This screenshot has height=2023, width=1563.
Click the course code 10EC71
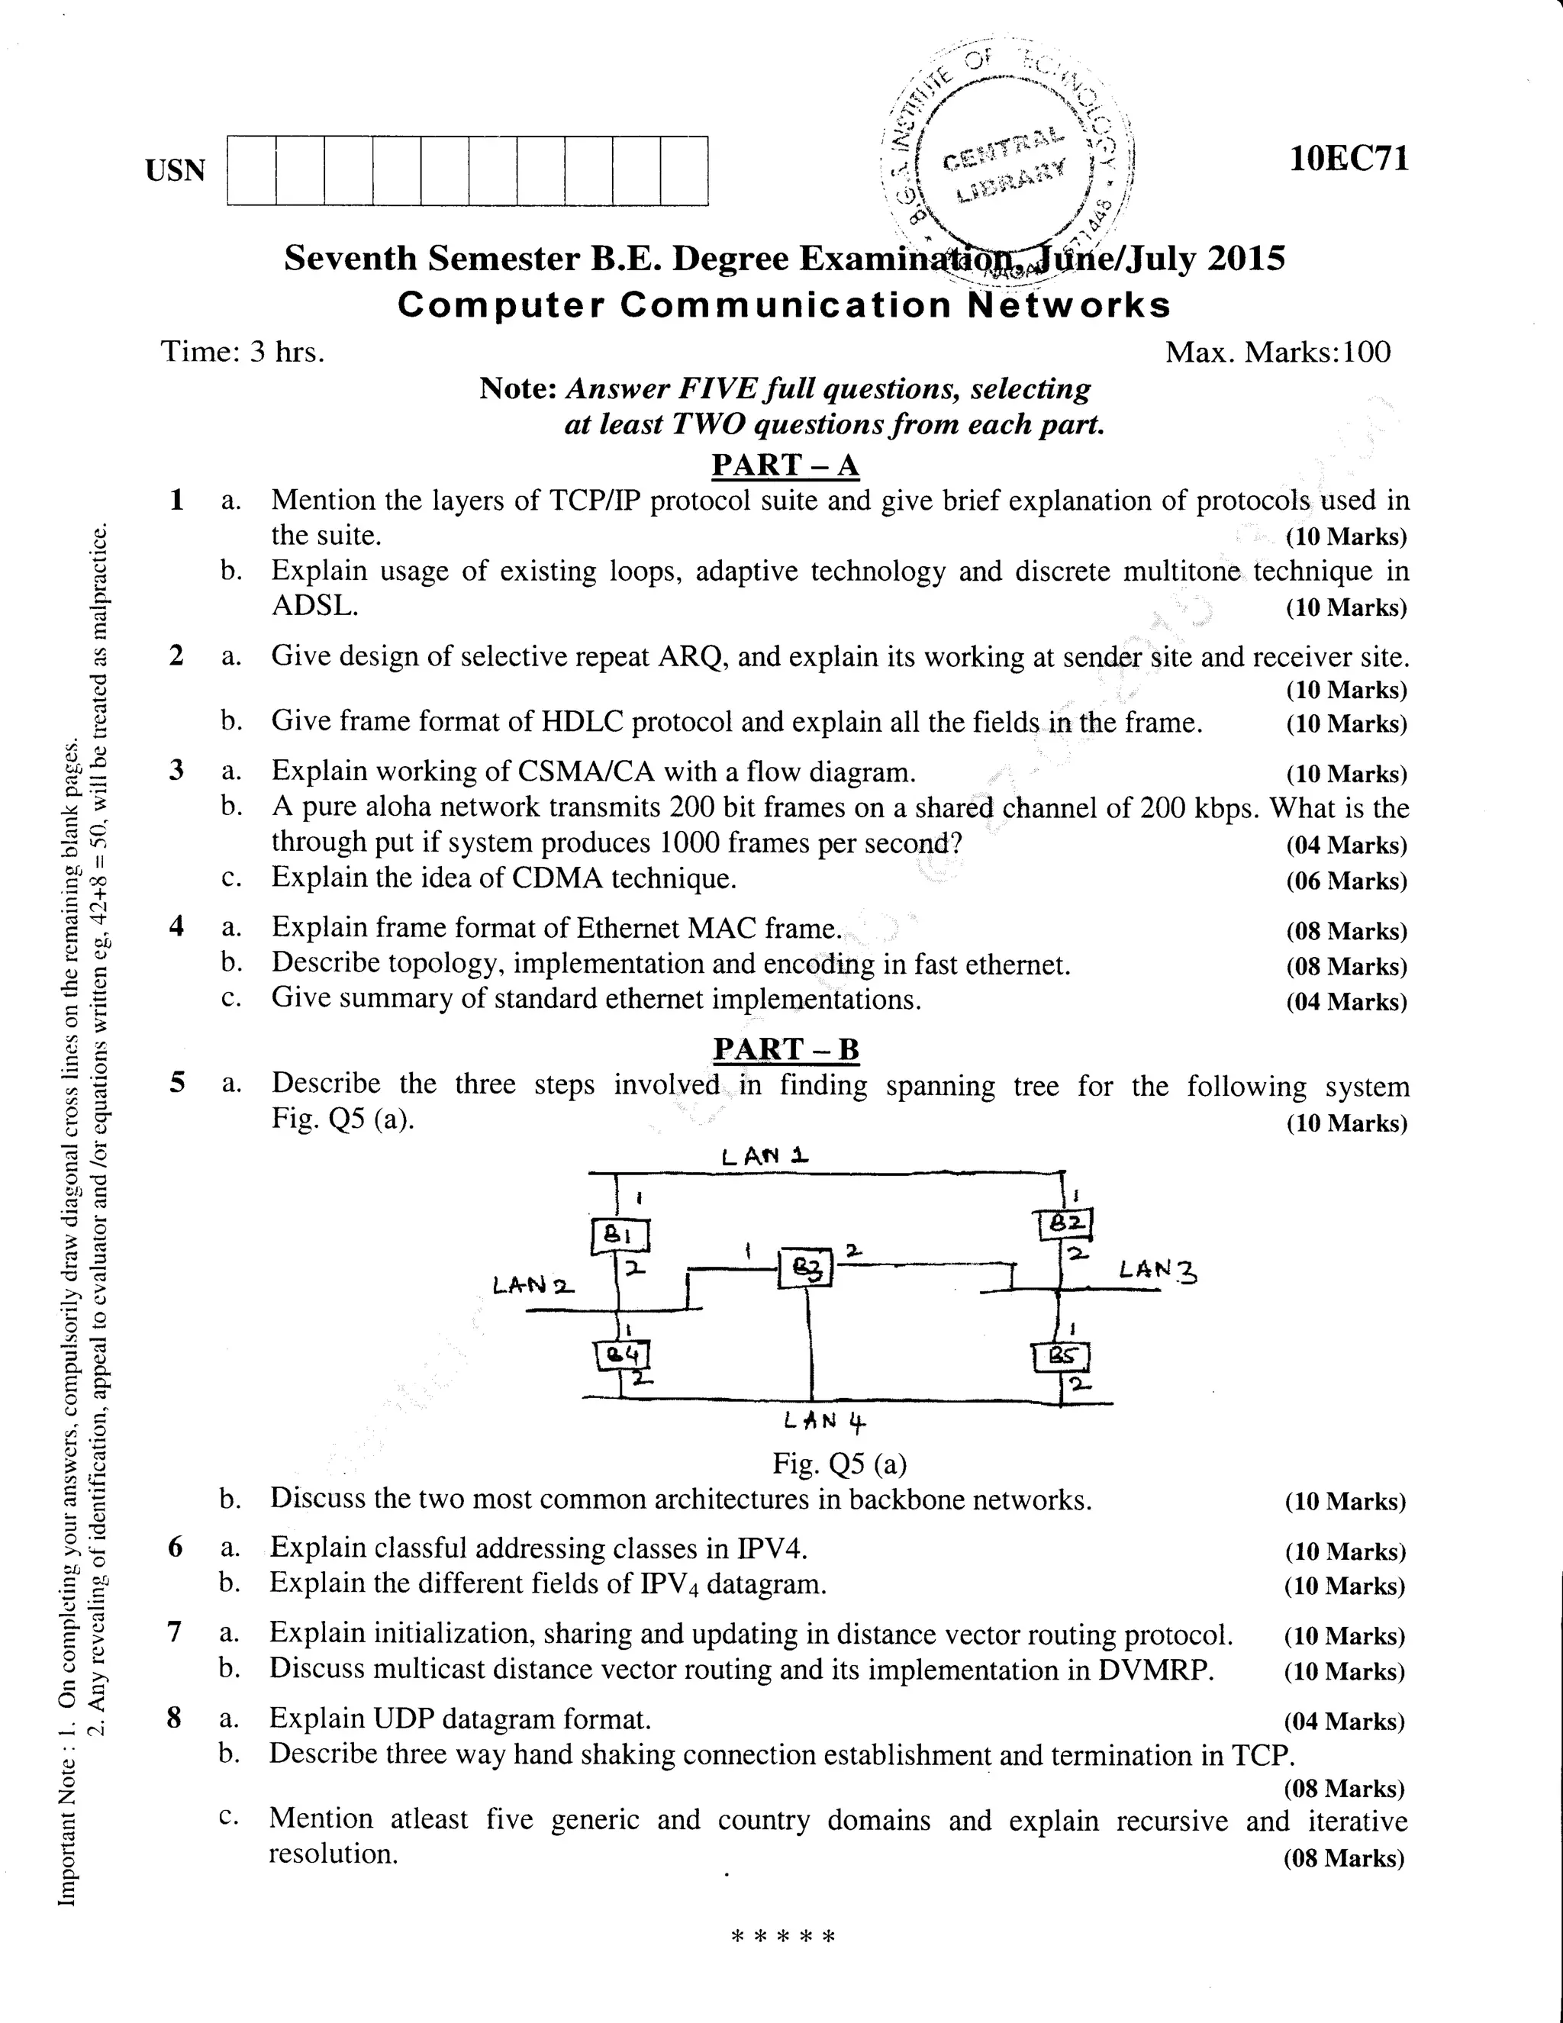tap(1349, 159)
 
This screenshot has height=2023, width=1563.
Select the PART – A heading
tap(785, 465)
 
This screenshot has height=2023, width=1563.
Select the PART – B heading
tap(785, 1049)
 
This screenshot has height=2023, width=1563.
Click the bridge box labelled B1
tap(620, 1234)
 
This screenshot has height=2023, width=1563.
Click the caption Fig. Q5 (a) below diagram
tap(840, 1464)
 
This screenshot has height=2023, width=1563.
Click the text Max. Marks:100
tap(1278, 353)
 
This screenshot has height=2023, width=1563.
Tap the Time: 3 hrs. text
tap(243, 352)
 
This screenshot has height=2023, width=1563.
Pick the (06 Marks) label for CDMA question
tap(1345, 881)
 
